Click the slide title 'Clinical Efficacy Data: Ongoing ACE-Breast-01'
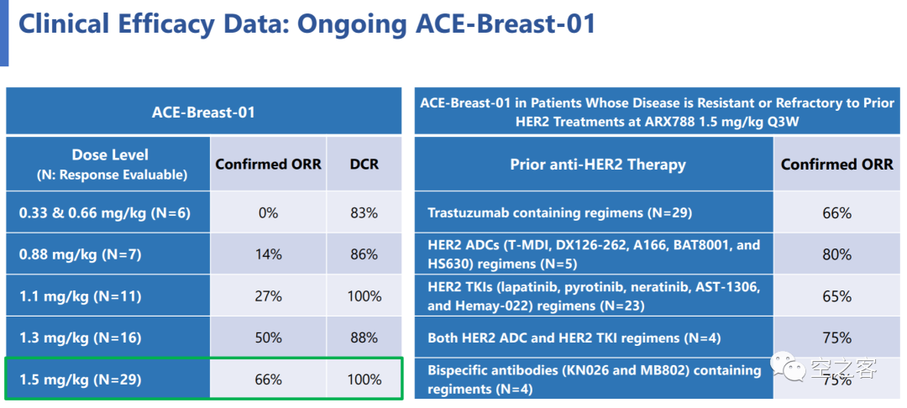coord(307,25)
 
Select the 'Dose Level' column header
coord(110,154)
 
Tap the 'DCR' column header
coord(364,165)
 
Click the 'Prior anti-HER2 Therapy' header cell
coord(598,165)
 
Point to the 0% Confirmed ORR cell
coord(269,212)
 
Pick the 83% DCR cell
coord(364,212)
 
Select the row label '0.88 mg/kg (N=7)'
coord(81,254)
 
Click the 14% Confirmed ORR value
coord(269,254)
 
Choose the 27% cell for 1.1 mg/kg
coord(269,296)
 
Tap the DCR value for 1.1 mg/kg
coord(364,296)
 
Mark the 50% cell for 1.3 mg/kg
coord(269,337)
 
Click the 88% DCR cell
coord(364,337)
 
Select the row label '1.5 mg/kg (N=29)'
coord(81,379)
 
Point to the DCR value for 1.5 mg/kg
coord(364,379)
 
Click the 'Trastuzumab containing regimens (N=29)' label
coord(560,212)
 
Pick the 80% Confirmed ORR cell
coord(837,254)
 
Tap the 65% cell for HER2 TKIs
coord(837,296)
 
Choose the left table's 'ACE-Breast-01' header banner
coord(203,112)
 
